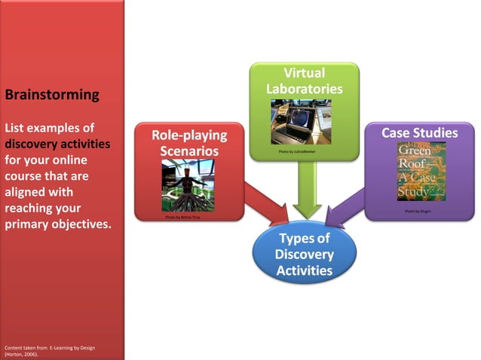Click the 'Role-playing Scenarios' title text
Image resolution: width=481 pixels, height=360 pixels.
coord(188,143)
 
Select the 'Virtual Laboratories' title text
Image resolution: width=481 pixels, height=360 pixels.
coord(304,81)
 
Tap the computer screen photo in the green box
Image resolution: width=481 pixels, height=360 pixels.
coord(301,121)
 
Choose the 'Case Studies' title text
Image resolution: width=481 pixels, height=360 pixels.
coord(419,133)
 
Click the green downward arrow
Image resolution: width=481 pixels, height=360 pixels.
coord(305,192)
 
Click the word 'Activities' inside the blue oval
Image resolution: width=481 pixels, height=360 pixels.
coord(305,269)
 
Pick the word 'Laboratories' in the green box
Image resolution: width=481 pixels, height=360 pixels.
coord(304,89)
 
